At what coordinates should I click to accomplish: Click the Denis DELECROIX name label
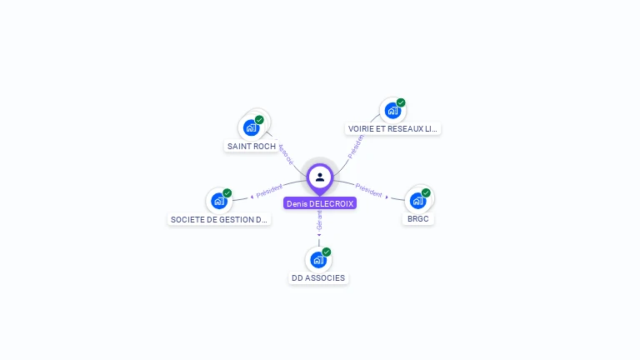[x=320, y=203]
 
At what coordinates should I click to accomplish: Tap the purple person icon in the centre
[x=320, y=177]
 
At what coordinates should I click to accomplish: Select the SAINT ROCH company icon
[x=250, y=127]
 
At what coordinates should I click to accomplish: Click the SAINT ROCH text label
[x=252, y=146]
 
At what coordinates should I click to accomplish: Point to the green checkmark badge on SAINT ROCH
[x=259, y=120]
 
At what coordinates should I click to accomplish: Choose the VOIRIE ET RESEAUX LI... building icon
[x=392, y=110]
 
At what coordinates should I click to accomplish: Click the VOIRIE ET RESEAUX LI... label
[x=392, y=128]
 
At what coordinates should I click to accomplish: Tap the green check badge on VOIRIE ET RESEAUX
[x=401, y=102]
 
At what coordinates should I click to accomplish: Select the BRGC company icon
[x=417, y=200]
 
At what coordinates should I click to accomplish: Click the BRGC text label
[x=417, y=218]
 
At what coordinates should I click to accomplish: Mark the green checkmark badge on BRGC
[x=426, y=192]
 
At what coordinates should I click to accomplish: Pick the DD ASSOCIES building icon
[x=318, y=259]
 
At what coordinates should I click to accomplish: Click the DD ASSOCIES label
[x=318, y=277]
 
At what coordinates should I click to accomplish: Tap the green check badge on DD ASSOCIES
[x=327, y=252]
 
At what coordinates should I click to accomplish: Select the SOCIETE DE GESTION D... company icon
[x=218, y=201]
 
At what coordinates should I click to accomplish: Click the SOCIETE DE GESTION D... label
[x=219, y=219]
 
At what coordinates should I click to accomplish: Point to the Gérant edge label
[x=319, y=222]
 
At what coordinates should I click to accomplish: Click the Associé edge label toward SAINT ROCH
[x=286, y=153]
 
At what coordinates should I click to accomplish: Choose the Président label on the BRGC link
[x=368, y=190]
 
